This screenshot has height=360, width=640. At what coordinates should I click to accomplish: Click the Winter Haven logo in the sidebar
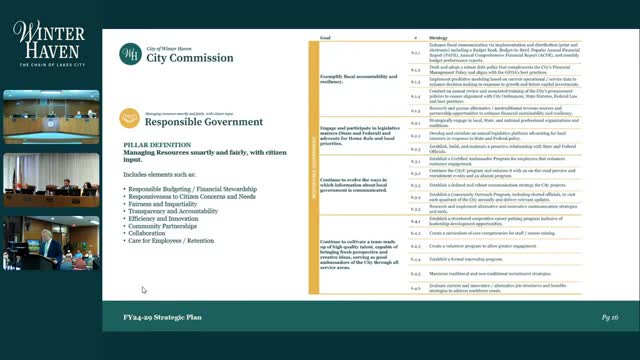(49, 45)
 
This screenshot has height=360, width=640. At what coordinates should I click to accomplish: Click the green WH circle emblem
(130, 53)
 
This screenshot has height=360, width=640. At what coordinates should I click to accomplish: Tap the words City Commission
(181, 57)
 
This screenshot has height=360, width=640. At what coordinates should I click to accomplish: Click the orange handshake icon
(130, 118)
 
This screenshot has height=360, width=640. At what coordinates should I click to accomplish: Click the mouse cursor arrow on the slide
(143, 290)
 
